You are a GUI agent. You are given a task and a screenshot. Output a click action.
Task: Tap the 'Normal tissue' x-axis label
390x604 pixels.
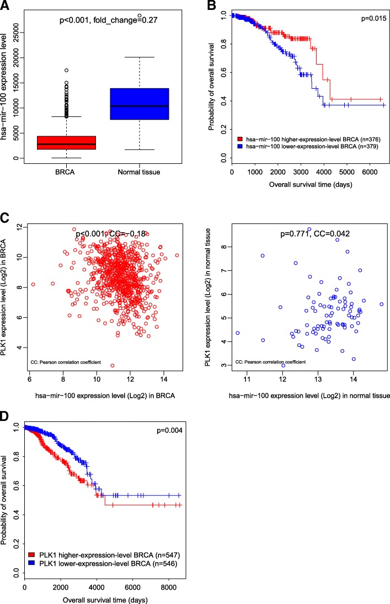point(139,173)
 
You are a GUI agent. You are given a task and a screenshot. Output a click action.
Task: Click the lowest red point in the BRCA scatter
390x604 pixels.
point(113,381)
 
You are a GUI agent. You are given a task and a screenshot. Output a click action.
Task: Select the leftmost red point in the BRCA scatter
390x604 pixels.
point(33,284)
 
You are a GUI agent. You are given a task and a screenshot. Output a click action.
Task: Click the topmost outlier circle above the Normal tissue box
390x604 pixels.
point(140,15)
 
